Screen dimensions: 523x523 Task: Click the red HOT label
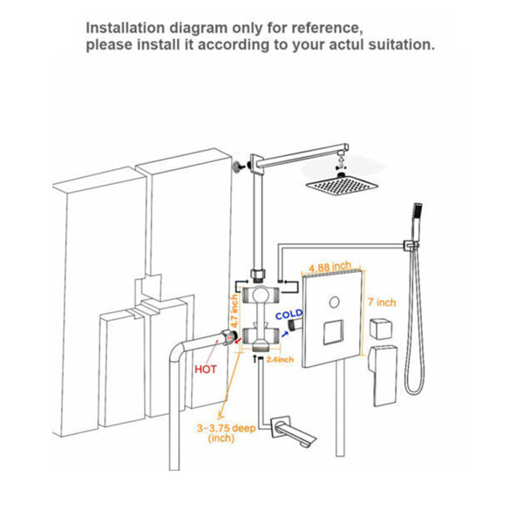(206, 370)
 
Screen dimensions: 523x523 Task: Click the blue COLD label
(289, 315)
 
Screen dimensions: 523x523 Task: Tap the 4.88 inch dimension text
(329, 267)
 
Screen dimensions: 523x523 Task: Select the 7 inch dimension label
(382, 302)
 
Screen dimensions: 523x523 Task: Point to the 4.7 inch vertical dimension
(234, 311)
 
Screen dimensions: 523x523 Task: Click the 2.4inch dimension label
(280, 359)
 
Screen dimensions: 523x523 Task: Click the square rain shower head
(343, 185)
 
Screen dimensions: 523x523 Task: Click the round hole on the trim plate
(334, 302)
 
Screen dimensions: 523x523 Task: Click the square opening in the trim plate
(333, 332)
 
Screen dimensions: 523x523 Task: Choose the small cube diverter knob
(381, 329)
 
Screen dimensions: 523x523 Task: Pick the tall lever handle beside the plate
(383, 375)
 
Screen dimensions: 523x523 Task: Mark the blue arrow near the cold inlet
(284, 334)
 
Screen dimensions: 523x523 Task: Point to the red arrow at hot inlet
(237, 340)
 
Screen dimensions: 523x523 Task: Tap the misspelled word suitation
(402, 44)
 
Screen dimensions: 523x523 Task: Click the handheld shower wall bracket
(411, 246)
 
